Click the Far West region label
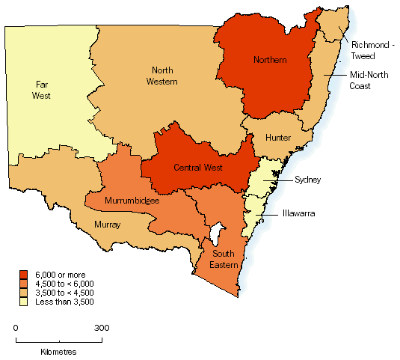tap(41, 91)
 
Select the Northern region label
tap(270, 60)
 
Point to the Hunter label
tap(277, 138)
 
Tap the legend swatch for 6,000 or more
tap(23, 274)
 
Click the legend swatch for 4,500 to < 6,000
tap(23, 283)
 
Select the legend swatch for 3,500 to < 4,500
tap(23, 292)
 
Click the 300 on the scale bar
tap(102, 328)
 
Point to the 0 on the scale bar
tap(16, 328)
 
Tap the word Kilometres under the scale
tap(58, 350)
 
